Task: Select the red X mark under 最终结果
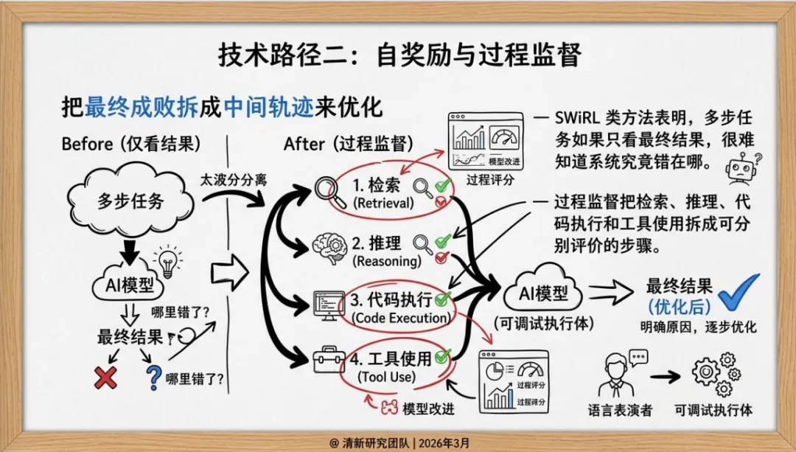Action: pyautogui.click(x=105, y=378)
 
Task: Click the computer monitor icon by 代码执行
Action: pyautogui.click(x=326, y=305)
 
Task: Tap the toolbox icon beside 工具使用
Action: pyautogui.click(x=327, y=361)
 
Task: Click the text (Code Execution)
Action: pyautogui.click(x=400, y=319)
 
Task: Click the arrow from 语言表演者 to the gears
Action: pyautogui.click(x=665, y=376)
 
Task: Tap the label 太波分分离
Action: pyautogui.click(x=230, y=179)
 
